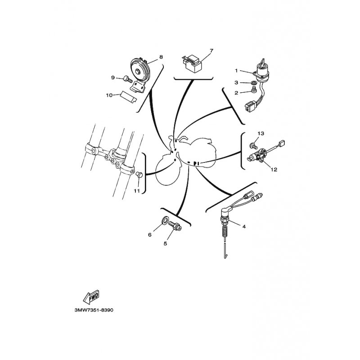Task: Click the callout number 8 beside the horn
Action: (161, 57)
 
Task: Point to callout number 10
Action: (109, 95)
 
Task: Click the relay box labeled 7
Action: (192, 63)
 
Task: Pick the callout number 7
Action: (211, 50)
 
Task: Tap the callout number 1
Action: (236, 71)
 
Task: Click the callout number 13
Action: (261, 133)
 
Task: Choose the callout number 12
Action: (274, 170)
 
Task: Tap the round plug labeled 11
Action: (139, 175)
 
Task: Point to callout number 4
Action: (244, 227)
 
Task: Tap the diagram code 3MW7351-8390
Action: (94, 310)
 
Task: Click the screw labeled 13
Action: (253, 145)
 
